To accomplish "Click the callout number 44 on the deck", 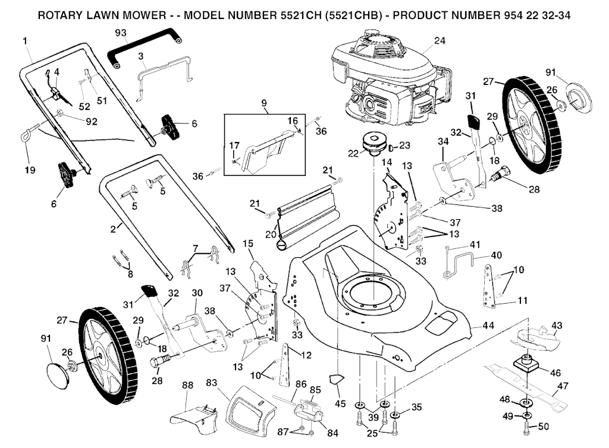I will [489, 326].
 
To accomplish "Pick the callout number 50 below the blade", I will [544, 427].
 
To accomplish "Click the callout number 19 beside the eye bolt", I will [30, 171].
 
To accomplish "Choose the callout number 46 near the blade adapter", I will [555, 373].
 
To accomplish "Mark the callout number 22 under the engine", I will [353, 153].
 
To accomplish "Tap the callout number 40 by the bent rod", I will [497, 255].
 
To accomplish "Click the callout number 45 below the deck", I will [340, 404].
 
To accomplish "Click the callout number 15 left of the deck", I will [248, 243].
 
